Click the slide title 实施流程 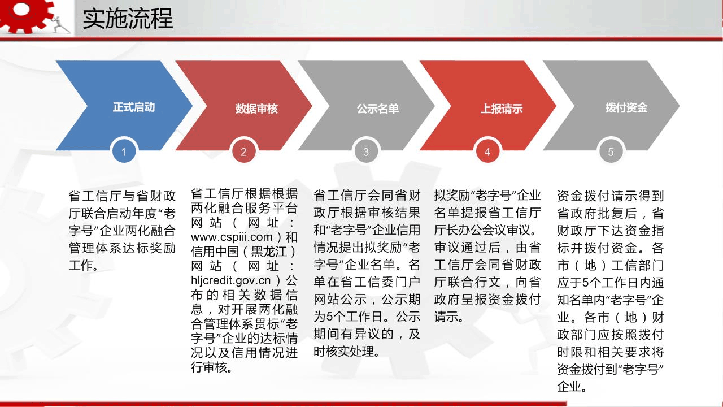click(x=128, y=19)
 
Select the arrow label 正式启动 click(x=134, y=107)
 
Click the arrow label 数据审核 click(x=256, y=109)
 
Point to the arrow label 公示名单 click(x=378, y=109)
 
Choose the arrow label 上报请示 click(x=502, y=109)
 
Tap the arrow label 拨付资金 click(x=626, y=108)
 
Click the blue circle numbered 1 click(x=124, y=151)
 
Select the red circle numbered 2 click(x=243, y=151)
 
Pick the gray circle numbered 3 click(x=365, y=151)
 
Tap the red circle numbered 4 click(x=487, y=151)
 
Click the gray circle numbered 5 click(x=611, y=151)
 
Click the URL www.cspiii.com click(x=232, y=237)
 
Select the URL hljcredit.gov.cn click(x=231, y=280)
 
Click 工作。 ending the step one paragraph click(x=84, y=266)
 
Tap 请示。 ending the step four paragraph click(x=449, y=317)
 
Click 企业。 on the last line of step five click(x=572, y=386)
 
